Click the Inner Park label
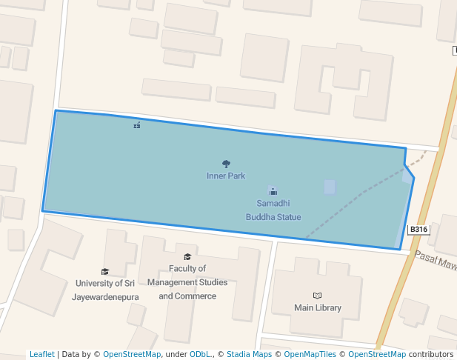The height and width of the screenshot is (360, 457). (226, 176)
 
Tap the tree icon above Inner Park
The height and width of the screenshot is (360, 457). (226, 164)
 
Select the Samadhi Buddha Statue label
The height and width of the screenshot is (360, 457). (273, 210)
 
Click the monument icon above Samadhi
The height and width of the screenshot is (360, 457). (273, 191)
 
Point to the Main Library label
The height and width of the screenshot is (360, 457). (318, 307)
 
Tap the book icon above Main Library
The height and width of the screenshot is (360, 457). (318, 296)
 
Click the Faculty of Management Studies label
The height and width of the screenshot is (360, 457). (187, 282)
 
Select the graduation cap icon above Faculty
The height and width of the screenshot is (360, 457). (187, 256)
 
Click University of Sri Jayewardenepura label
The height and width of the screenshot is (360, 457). (104, 290)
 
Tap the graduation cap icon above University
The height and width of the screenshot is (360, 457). (104, 272)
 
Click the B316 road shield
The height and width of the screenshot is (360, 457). (418, 230)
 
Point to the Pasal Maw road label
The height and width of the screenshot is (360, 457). (436, 260)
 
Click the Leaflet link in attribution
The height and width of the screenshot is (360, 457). (41, 355)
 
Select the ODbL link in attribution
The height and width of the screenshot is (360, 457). (199, 355)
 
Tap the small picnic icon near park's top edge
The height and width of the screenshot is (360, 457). (137, 125)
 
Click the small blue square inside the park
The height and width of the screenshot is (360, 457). (330, 187)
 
